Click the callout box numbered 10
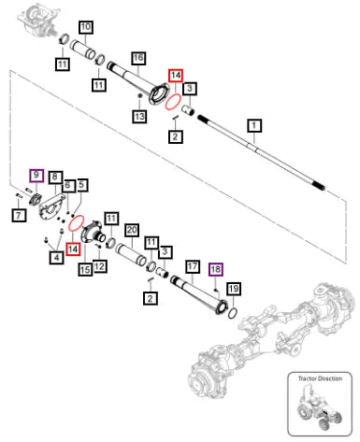click(86, 27)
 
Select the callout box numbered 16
click(138, 58)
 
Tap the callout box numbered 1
click(254, 126)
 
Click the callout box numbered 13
click(139, 116)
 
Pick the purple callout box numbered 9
click(36, 176)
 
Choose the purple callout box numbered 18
click(216, 269)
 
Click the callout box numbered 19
click(234, 289)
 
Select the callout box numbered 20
click(132, 231)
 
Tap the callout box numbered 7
click(19, 215)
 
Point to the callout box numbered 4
click(56, 257)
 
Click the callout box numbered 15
click(85, 269)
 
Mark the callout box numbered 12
click(100, 266)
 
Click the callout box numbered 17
click(193, 266)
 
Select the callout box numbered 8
click(55, 178)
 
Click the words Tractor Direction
click(320, 378)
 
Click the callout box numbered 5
click(81, 185)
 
